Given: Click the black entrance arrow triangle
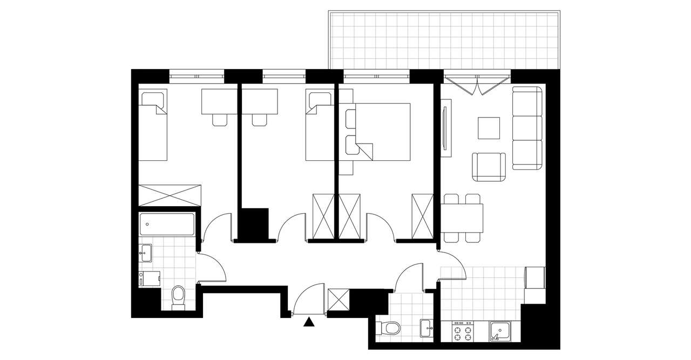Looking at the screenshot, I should coord(309,322).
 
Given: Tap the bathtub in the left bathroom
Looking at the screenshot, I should coord(167,224).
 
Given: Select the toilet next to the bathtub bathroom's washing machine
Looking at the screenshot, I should coord(178,297).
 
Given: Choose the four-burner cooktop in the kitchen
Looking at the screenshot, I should coord(463,331).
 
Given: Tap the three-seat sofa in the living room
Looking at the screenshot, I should coord(527,128).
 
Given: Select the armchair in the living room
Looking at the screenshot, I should coord(489,167).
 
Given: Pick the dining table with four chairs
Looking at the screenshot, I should coord(463,218).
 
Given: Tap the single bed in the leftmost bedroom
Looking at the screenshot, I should coord(152,126).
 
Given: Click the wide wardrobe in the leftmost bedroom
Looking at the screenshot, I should coord(170,195).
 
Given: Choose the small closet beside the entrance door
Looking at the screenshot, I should coord(338,300).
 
